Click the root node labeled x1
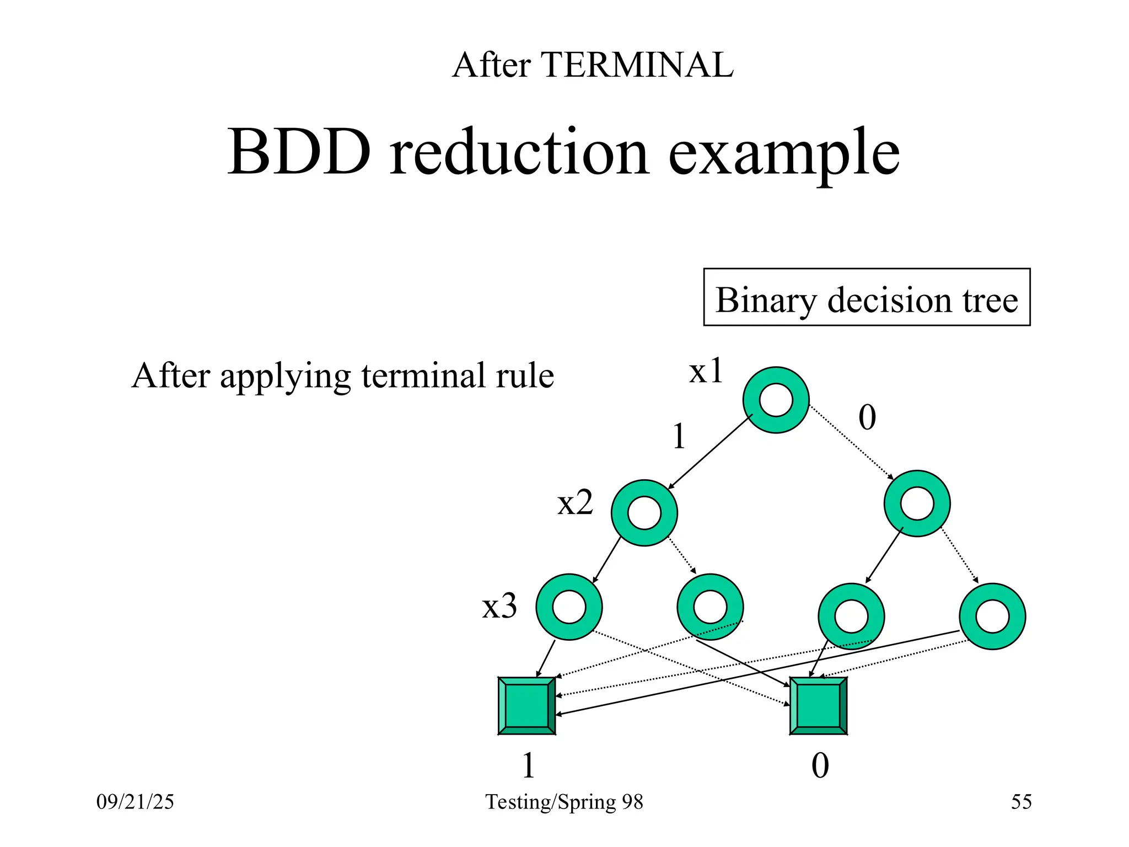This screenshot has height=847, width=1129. pyautogui.click(x=776, y=400)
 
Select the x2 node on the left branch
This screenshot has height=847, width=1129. pyautogui.click(x=644, y=513)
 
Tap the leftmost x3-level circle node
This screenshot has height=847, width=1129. pyautogui.click(x=569, y=607)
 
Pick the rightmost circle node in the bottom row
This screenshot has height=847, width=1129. pyautogui.click(x=992, y=617)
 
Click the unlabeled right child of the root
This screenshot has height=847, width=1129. pyautogui.click(x=917, y=503)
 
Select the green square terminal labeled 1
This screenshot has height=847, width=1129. pyautogui.click(x=526, y=706)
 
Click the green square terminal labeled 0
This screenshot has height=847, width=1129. pyautogui.click(x=818, y=706)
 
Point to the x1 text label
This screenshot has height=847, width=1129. pyautogui.click(x=706, y=371)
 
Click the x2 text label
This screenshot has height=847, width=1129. pyautogui.click(x=575, y=503)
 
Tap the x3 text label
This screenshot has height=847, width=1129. pyautogui.click(x=499, y=606)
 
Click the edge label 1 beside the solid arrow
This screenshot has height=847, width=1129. pyautogui.click(x=679, y=437)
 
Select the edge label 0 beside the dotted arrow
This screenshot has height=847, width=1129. pyautogui.click(x=867, y=417)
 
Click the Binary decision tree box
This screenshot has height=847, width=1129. pyautogui.click(x=867, y=298)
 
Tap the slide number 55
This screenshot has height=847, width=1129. pyautogui.click(x=1021, y=801)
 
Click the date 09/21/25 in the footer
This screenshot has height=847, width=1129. pyautogui.click(x=135, y=801)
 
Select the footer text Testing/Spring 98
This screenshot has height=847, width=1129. pyautogui.click(x=564, y=801)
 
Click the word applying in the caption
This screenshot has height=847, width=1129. pyautogui.click(x=285, y=377)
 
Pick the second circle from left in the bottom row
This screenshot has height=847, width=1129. pyautogui.click(x=710, y=607)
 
